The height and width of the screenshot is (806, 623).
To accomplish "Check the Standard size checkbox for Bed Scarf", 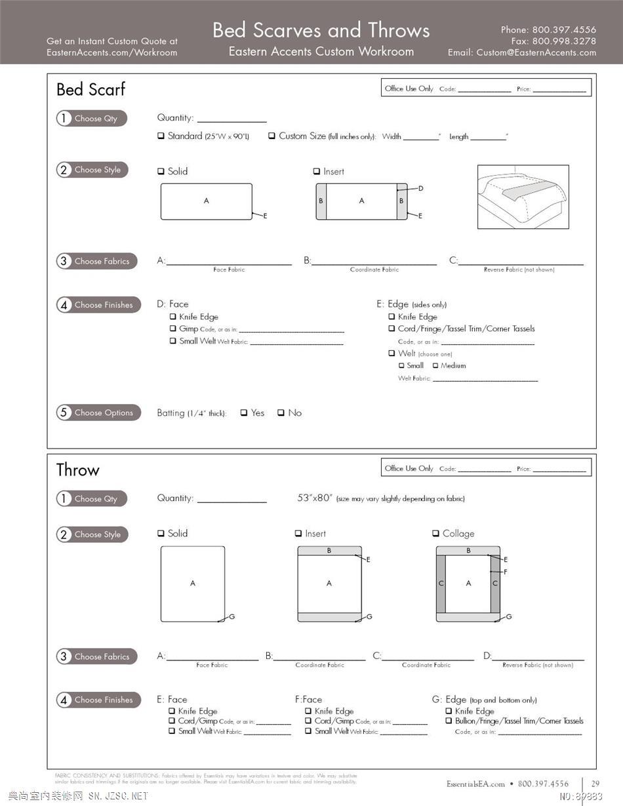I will pos(161,136).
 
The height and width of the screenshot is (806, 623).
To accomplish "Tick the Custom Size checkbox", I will pos(271,136).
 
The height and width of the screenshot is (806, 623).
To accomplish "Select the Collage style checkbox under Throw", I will pos(436,534).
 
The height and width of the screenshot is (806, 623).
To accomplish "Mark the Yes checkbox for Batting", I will pos(244,413).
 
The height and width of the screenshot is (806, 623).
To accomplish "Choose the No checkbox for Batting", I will pos(281,413).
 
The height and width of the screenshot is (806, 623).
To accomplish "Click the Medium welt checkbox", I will pos(435,366).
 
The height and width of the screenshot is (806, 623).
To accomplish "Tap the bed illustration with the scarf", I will pos(523,197).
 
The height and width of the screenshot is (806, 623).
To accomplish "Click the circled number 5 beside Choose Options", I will pos(64,413).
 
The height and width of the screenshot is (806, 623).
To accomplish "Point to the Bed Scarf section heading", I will pos(90,90).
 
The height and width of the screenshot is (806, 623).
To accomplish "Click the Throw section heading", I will pos(77,470).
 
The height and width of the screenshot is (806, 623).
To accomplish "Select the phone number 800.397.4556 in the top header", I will pos(564,30).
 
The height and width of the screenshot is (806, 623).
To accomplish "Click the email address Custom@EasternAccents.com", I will pos(536,52).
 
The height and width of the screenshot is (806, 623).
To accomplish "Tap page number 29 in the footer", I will pos(595,784).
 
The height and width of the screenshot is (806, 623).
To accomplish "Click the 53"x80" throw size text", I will pos(314,498).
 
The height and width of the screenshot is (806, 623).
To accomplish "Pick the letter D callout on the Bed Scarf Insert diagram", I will pos(420,189).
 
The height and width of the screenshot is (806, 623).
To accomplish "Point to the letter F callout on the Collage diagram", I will pos(505,572).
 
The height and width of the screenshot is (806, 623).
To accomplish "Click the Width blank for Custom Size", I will pos(421,137).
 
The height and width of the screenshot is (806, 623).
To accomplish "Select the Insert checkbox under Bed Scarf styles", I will pos(316,172).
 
